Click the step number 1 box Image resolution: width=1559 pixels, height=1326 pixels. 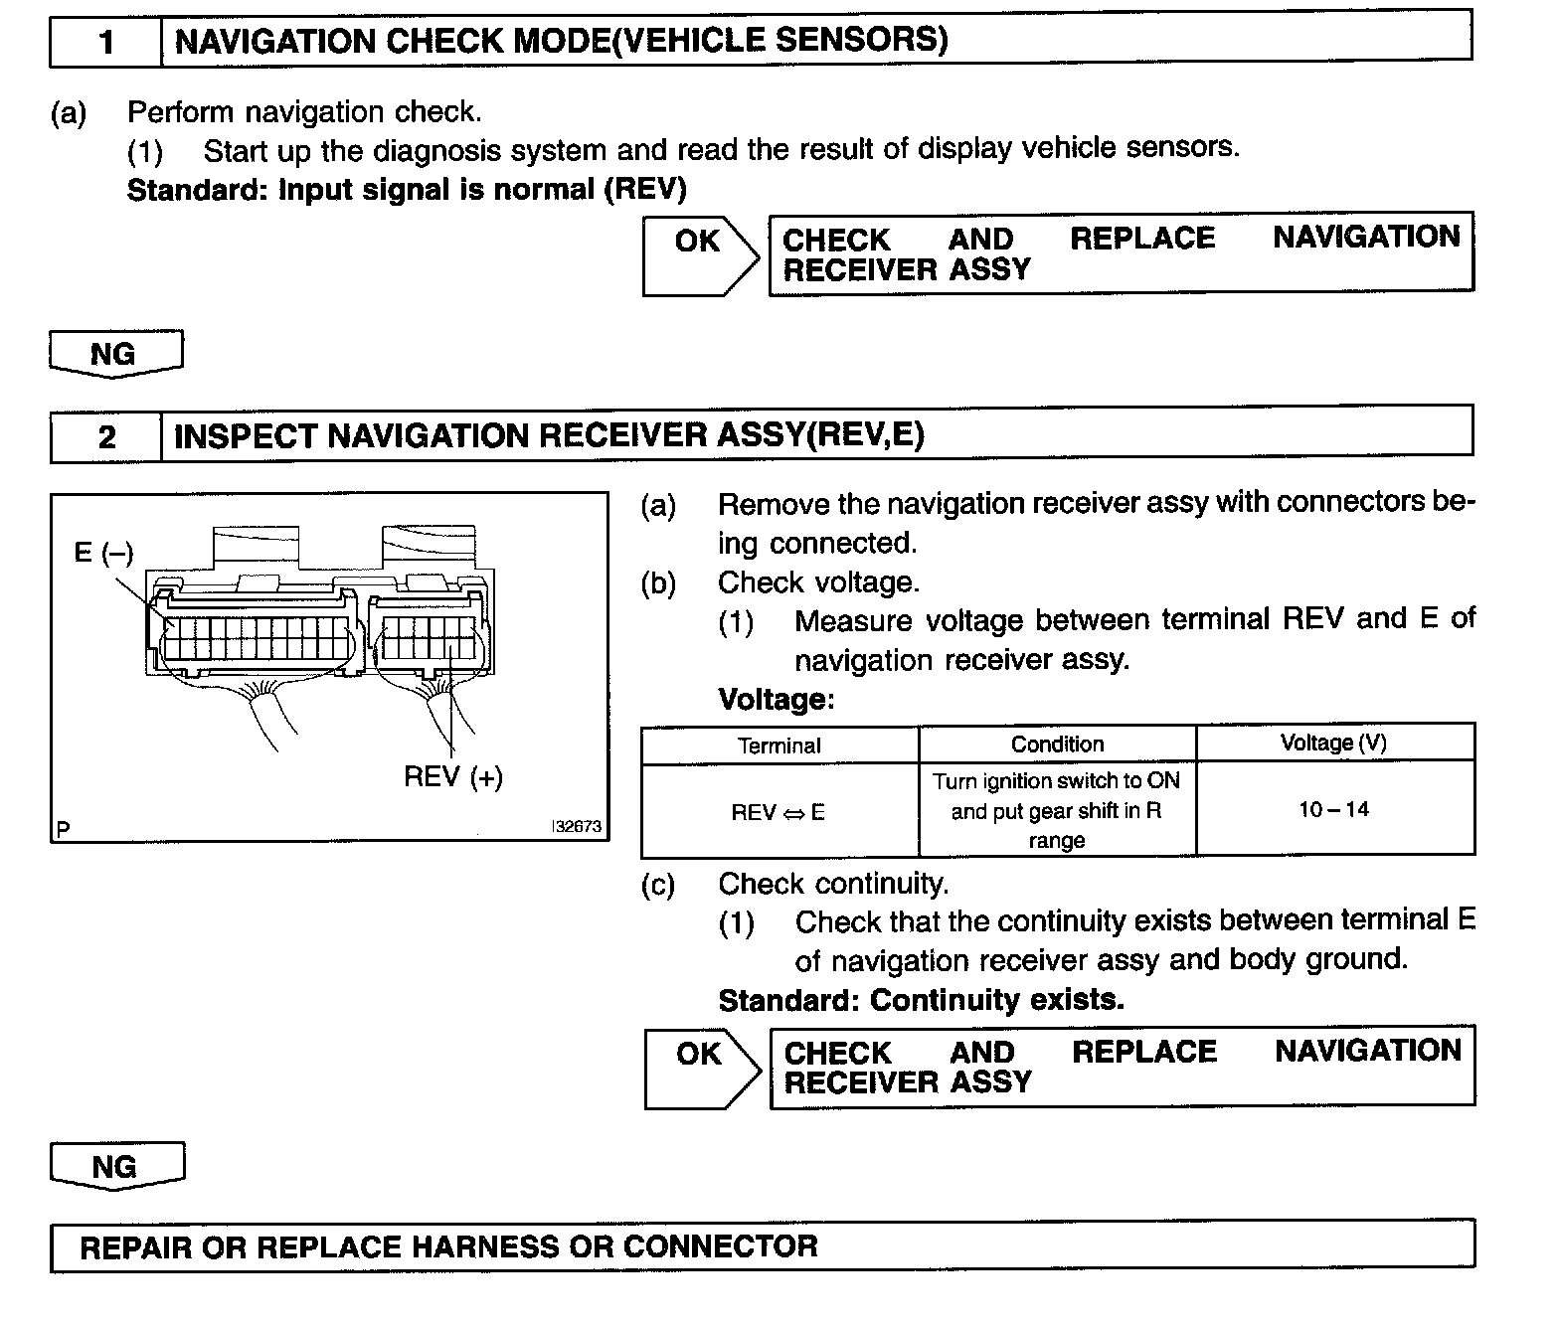pyautogui.click(x=105, y=42)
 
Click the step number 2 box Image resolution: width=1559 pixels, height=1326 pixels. pyautogui.click(x=105, y=436)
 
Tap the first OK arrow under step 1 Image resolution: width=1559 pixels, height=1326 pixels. pyautogui.click(x=699, y=255)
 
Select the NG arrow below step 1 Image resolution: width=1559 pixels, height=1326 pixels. pyautogui.click(x=115, y=354)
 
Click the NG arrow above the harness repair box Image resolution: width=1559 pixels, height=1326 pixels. pyautogui.click(x=116, y=1166)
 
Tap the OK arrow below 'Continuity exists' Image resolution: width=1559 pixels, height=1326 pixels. pyautogui.click(x=701, y=1068)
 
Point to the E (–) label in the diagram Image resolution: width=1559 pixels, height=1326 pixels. pyautogui.click(x=103, y=553)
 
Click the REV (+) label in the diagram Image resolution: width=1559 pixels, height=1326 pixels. pyautogui.click(x=452, y=776)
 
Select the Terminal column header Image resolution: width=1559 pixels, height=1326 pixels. pyautogui.click(x=779, y=746)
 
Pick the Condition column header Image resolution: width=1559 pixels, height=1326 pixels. pyautogui.click(x=1057, y=745)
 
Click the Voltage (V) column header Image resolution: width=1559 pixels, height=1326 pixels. pyautogui.click(x=1333, y=744)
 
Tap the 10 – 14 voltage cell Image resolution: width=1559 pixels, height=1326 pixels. pyautogui.click(x=1333, y=809)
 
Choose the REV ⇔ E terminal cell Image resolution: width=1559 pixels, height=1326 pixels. pyautogui.click(x=779, y=812)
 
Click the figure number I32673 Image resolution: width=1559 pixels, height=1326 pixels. pyautogui.click(x=577, y=826)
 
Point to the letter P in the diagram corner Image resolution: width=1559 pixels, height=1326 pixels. pyautogui.click(x=64, y=828)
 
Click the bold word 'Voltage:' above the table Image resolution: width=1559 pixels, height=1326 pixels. pyautogui.click(x=777, y=700)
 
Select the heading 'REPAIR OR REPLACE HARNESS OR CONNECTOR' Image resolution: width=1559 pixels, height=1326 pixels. pyautogui.click(x=448, y=1247)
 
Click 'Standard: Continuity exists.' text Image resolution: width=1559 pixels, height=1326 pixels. pyautogui.click(x=921, y=1000)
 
